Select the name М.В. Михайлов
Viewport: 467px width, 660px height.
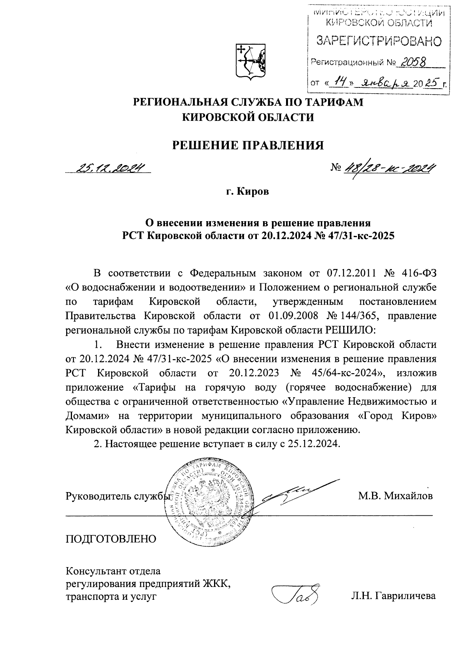(395, 496)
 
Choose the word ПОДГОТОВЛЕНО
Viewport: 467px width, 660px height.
(111, 539)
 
